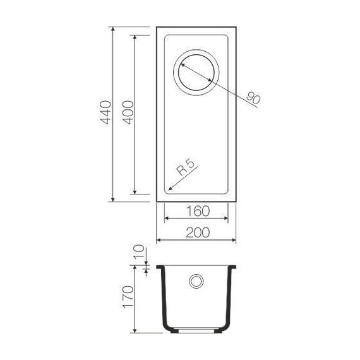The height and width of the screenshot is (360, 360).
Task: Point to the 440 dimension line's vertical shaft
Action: [113, 158]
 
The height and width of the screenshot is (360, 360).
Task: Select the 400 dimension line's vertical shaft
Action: [135, 158]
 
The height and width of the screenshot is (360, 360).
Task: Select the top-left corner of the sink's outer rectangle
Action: [157, 27]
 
